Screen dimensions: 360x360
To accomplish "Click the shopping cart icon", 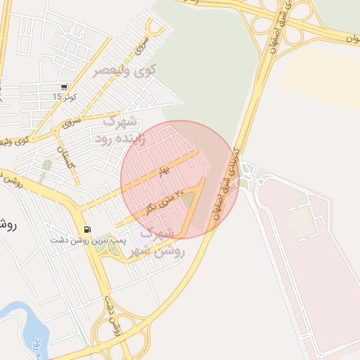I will [x=65, y=87].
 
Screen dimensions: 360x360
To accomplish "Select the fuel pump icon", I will [x=86, y=229].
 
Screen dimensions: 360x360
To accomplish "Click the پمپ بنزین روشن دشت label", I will [x=87, y=240].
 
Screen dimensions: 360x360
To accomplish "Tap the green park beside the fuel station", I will [x=104, y=241].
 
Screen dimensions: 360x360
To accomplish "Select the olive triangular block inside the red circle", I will [x=188, y=203].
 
